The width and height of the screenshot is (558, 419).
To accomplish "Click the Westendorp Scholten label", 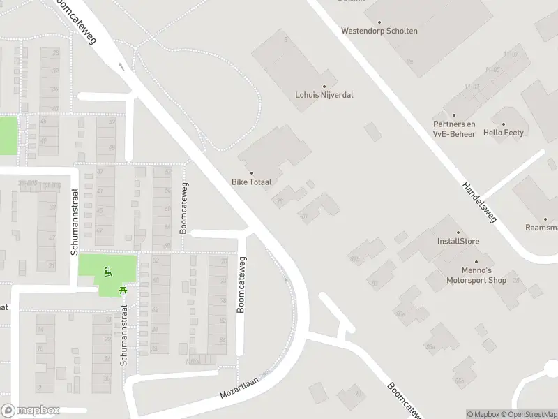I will (x=379, y=31).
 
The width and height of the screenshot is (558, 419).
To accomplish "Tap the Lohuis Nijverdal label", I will (x=324, y=94).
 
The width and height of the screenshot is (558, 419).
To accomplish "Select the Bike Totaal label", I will (x=252, y=182).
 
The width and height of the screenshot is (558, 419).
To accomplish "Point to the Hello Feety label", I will (x=504, y=132).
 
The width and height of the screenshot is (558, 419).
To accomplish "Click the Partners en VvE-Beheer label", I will (x=454, y=129).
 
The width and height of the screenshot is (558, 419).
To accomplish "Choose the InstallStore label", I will (x=458, y=242).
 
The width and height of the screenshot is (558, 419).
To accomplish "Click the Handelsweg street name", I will (x=478, y=202).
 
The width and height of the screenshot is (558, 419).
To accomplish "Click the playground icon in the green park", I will (x=107, y=272).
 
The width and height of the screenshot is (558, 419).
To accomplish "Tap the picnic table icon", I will (x=123, y=290).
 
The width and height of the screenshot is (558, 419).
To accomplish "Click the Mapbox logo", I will (x=31, y=411).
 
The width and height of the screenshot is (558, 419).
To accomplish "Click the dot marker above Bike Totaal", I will (x=252, y=173).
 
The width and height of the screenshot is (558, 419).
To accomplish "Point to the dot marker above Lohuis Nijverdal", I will (x=324, y=86).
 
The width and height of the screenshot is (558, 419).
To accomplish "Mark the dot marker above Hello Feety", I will (x=504, y=123).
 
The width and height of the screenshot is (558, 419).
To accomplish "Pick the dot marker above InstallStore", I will (x=458, y=233).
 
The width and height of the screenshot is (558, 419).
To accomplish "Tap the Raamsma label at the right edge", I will (x=542, y=228).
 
